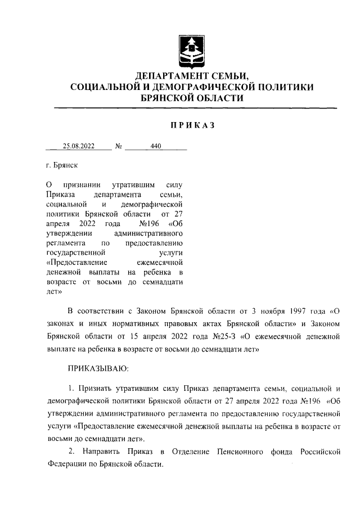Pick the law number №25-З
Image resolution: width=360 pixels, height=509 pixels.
(223, 337)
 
